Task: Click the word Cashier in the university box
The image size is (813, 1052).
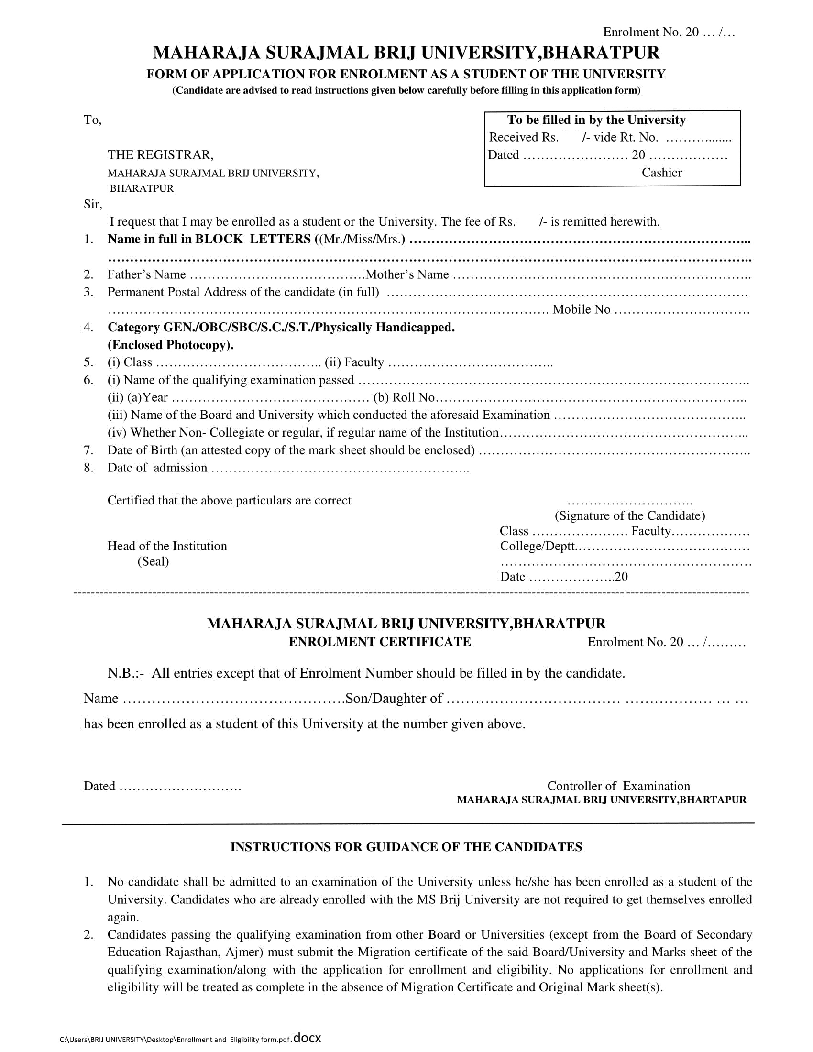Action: coord(661,173)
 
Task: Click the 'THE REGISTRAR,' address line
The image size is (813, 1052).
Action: coord(160,154)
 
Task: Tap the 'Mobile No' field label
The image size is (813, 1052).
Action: coord(582,309)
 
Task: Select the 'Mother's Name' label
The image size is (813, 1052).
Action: coord(407,274)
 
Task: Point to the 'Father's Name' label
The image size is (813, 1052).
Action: coord(146,274)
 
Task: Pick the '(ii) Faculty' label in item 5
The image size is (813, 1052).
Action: coord(354,362)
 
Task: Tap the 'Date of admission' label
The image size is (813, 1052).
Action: coord(157,468)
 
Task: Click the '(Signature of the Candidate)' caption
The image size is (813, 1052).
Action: coord(629,516)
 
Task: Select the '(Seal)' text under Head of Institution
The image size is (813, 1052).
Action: coord(153,561)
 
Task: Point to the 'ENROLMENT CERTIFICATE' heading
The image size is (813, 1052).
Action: coord(380,642)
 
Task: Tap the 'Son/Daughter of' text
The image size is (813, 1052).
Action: coord(394,699)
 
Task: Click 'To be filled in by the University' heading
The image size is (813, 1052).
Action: coord(596,120)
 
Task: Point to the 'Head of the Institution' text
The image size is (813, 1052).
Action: coord(166,546)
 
